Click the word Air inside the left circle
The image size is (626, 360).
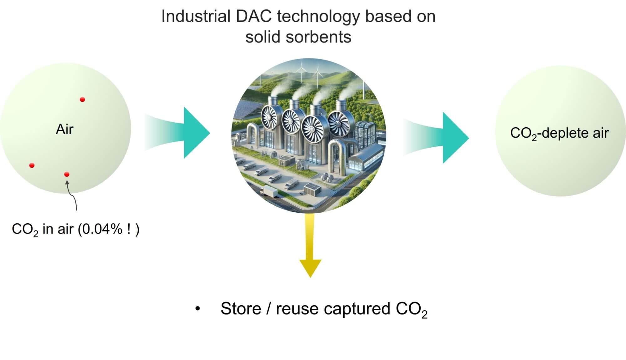(64, 129)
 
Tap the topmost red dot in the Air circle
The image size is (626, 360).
(82, 99)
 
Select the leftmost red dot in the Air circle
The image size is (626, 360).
(32, 165)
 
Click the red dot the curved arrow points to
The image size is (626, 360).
(67, 174)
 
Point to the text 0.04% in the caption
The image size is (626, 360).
(102, 229)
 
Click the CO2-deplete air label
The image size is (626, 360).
(559, 133)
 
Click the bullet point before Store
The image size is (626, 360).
(197, 309)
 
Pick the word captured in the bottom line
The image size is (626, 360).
(357, 309)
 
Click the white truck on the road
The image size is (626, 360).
(268, 191)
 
